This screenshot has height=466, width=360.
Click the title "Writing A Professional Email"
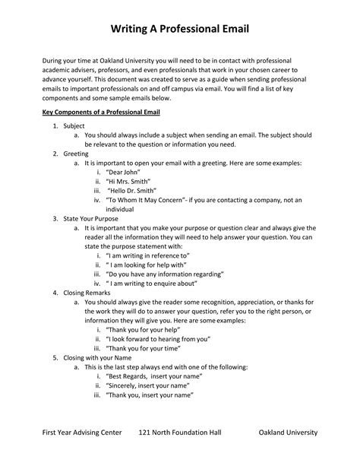coord(180,30)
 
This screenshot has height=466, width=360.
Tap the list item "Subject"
coord(74,125)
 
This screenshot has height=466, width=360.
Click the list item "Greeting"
coord(76,153)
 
